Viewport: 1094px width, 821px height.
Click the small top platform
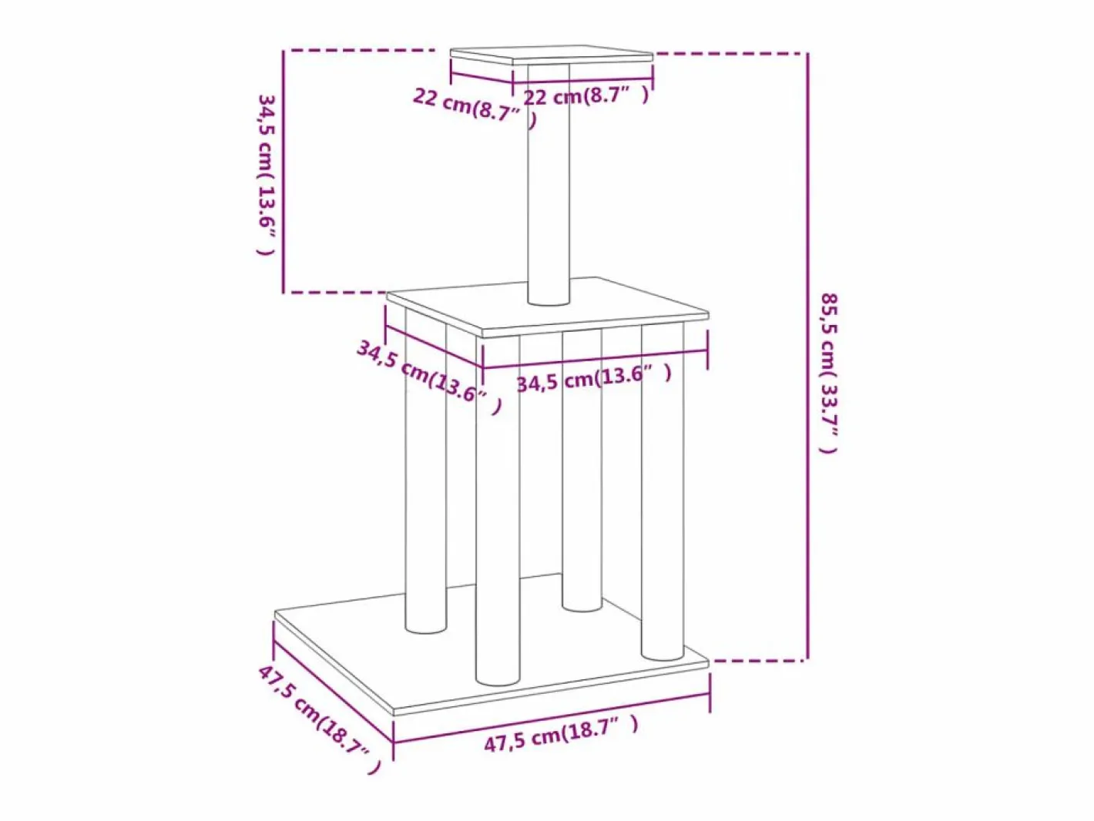551,55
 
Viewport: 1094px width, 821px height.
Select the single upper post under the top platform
549,184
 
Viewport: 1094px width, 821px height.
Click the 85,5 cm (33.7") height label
829,374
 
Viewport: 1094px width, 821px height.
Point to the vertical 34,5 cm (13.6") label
267,174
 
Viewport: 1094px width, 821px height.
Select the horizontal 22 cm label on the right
586,96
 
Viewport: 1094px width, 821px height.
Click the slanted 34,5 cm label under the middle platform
428,378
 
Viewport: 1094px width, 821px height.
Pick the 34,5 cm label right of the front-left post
593,379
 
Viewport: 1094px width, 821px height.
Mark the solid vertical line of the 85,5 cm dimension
807,357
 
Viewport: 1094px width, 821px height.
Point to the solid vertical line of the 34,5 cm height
283,172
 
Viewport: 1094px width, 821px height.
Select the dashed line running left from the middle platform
336,293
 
